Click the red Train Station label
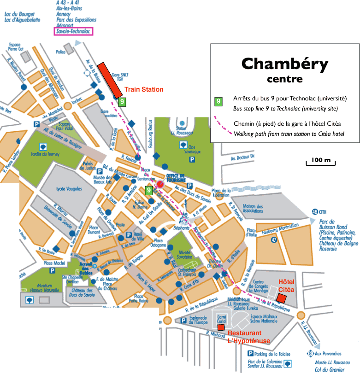[x=144, y=89]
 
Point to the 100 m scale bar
[x=321, y=161]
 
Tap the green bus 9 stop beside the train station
[x=121, y=101]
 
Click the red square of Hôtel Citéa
[x=282, y=298]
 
